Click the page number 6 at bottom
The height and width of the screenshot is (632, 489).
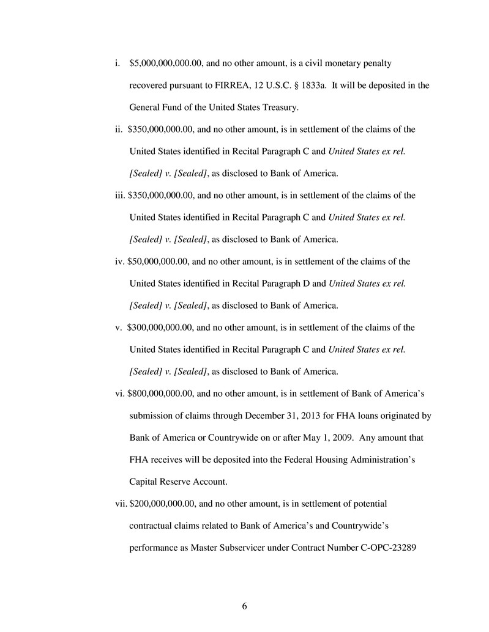point(244,606)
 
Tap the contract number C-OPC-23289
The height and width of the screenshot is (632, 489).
point(385,548)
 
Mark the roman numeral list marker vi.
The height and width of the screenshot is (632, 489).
point(119,394)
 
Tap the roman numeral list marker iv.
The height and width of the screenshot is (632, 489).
point(119,262)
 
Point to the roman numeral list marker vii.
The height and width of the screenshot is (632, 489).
point(121,504)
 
